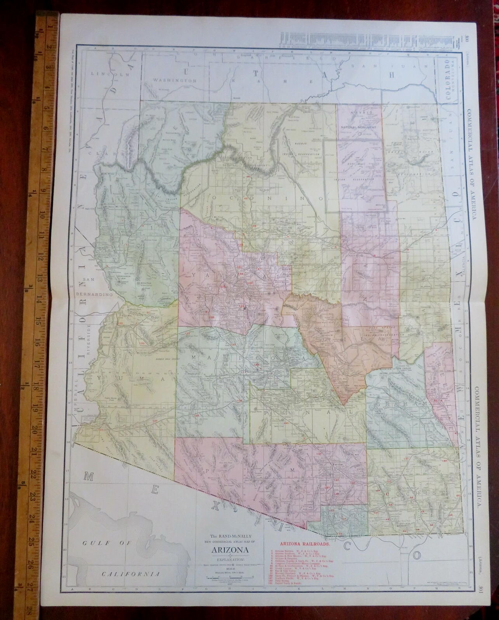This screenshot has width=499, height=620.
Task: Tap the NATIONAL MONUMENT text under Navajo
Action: click(359, 127)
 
